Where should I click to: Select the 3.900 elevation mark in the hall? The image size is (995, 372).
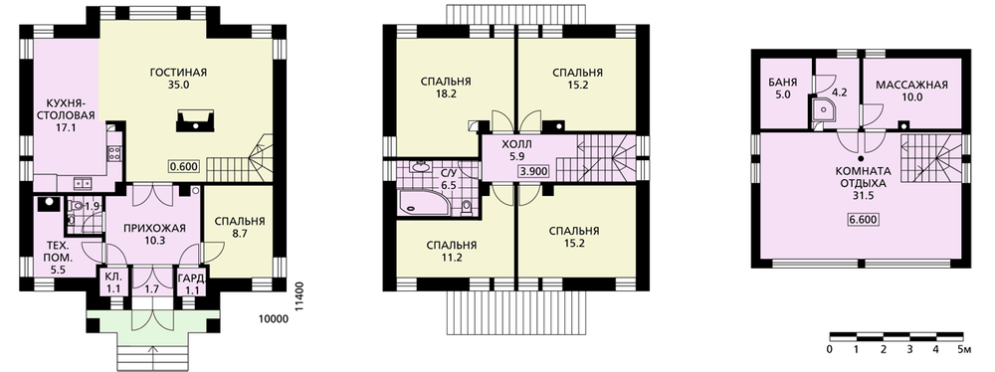pyautogui.click(x=533, y=171)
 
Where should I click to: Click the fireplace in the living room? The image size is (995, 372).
pyautogui.click(x=195, y=120)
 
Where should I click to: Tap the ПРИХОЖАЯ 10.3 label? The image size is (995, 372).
pyautogui.click(x=146, y=235)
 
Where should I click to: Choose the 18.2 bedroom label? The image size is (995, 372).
pyautogui.click(x=446, y=87)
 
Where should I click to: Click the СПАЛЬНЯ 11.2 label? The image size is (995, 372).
pyautogui.click(x=451, y=251)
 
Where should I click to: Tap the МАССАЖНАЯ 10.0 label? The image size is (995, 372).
pyautogui.click(x=911, y=91)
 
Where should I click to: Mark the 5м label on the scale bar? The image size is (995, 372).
pyautogui.click(x=965, y=350)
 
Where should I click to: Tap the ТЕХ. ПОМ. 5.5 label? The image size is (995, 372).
pyautogui.click(x=62, y=258)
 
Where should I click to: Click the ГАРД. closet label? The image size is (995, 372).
pyautogui.click(x=190, y=282)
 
